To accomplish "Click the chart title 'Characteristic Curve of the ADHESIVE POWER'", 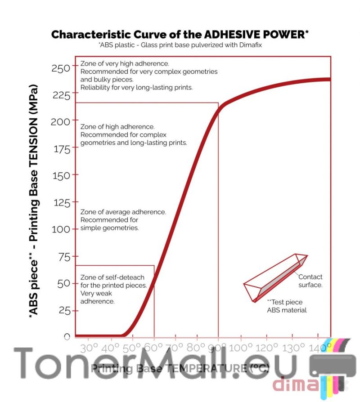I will point(180,35).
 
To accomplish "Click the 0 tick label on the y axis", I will point(67,337).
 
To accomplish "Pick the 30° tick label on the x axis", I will point(89,348).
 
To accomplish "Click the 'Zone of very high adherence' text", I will point(125,64).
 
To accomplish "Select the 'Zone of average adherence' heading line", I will point(123,212).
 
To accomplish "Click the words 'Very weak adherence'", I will point(97,297).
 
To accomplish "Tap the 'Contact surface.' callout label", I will point(310,281).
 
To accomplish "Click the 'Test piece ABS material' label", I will point(287,306).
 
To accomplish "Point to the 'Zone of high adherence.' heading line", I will point(117,127).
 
